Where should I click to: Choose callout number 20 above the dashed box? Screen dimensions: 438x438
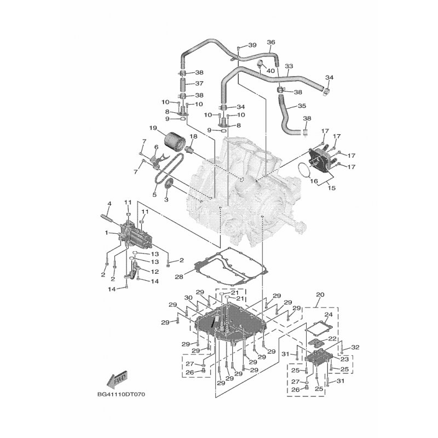pos(320,294)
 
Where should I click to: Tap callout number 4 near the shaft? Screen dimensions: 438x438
pos(109,204)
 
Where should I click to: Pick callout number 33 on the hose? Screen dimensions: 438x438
pos(289,66)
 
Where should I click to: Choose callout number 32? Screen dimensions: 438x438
pos(355,347)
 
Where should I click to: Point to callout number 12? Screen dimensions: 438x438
pos(155,272)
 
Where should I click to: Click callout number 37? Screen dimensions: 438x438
pos(199,84)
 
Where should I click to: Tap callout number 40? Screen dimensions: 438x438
pos(270,71)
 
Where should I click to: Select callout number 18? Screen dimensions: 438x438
pos(193,136)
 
